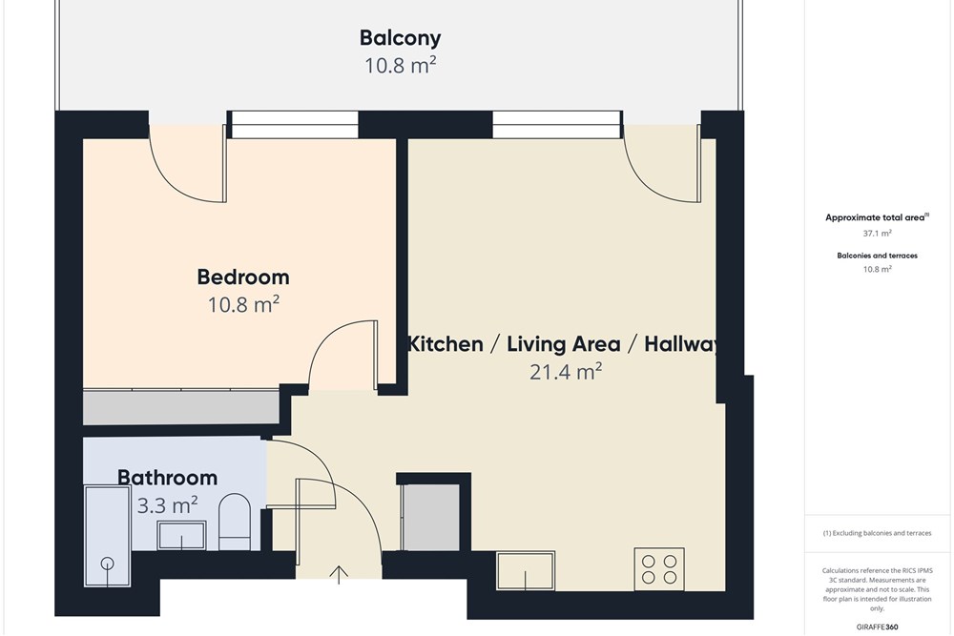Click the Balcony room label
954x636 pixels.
pyautogui.click(x=400, y=38)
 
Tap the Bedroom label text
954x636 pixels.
pyautogui.click(x=242, y=277)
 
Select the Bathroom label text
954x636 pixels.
pyautogui.click(x=167, y=478)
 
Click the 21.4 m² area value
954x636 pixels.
pyautogui.click(x=566, y=372)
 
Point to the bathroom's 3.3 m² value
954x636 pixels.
pyautogui.click(x=167, y=505)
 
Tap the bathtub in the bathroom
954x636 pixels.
pyautogui.click(x=108, y=536)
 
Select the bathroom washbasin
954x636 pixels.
pyautogui.click(x=181, y=535)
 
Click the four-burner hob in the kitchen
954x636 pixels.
pyautogui.click(x=659, y=569)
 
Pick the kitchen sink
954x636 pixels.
pyautogui.click(x=526, y=570)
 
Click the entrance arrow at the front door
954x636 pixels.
pyautogui.click(x=339, y=575)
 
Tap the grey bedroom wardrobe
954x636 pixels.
pyautogui.click(x=181, y=408)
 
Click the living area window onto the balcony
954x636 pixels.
pyautogui.click(x=557, y=125)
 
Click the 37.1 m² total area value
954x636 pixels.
pyautogui.click(x=877, y=234)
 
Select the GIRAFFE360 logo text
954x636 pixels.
pyautogui.click(x=877, y=626)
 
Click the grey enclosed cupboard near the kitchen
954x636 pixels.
pyautogui.click(x=432, y=517)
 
